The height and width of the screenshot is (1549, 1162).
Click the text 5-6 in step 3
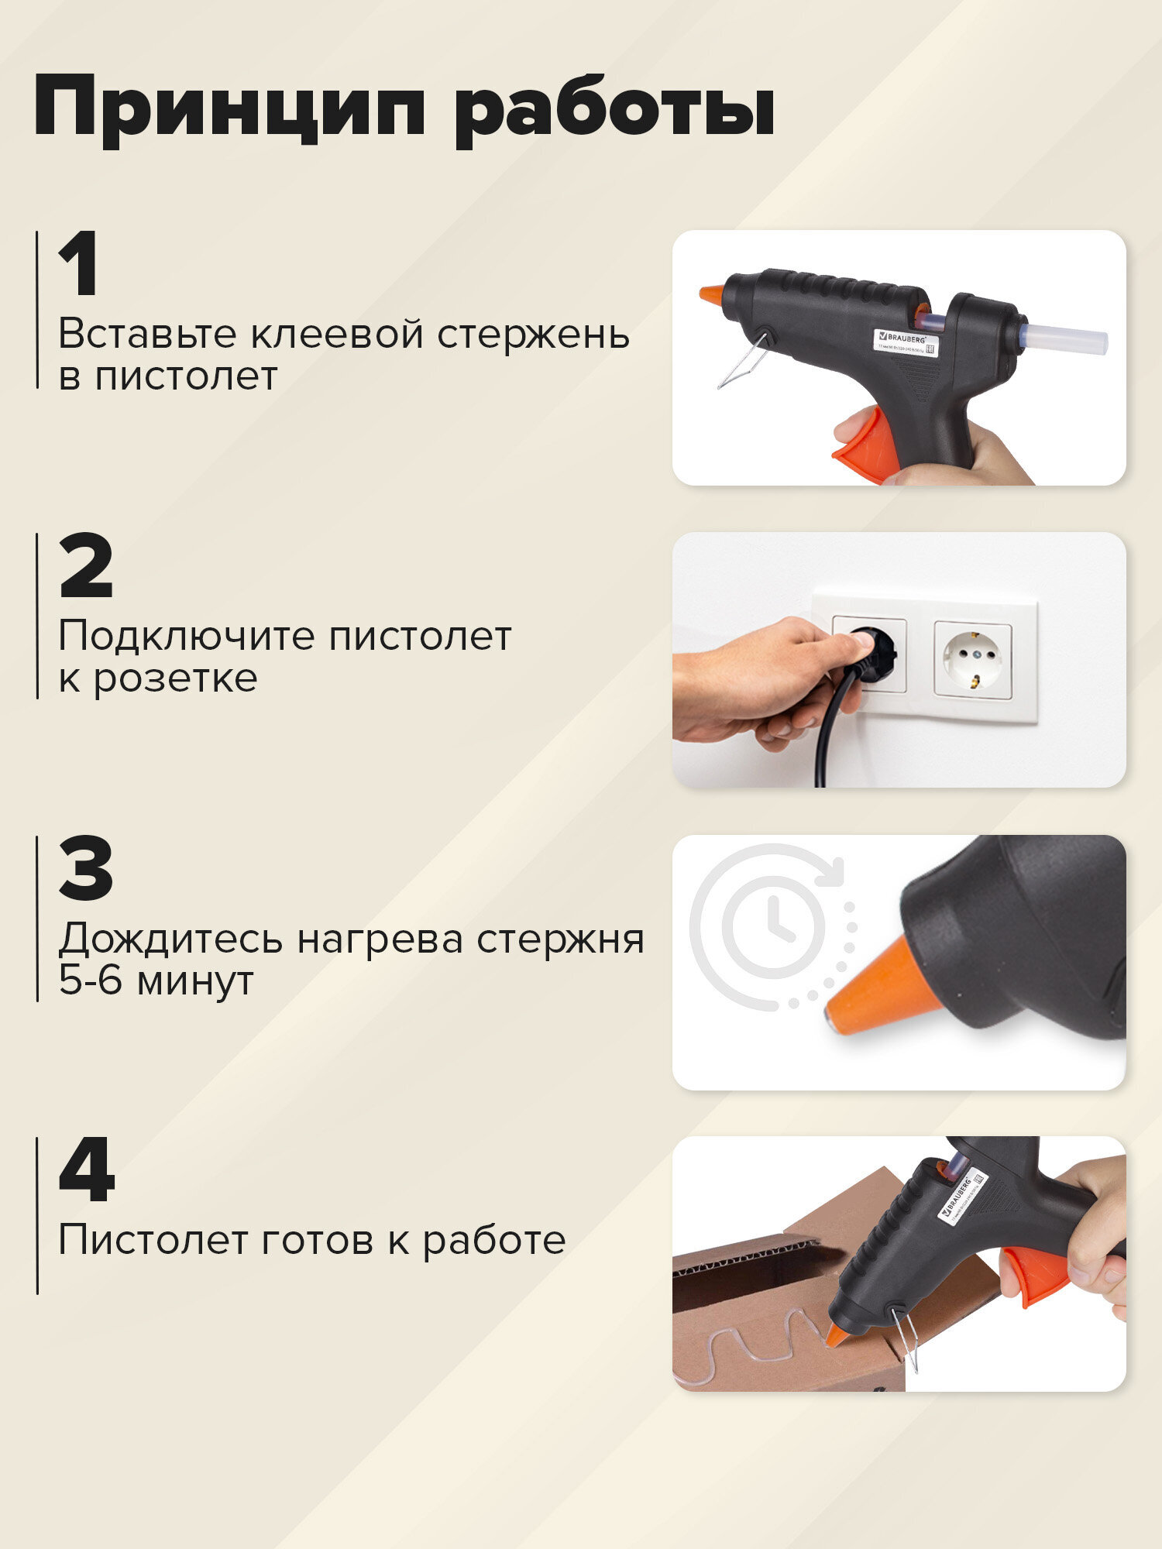tap(90, 981)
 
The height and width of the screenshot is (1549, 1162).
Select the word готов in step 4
tap(311, 1241)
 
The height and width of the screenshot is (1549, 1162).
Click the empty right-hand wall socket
tap(973, 658)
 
